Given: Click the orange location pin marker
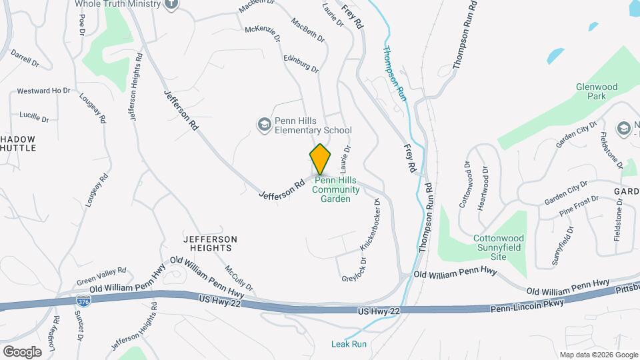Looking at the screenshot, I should (x=321, y=159).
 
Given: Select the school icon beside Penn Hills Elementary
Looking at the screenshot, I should (x=264, y=125).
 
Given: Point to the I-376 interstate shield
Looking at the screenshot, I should (x=83, y=301).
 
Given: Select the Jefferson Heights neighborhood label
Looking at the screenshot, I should (x=209, y=243).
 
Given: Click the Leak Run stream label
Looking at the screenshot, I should (x=349, y=344).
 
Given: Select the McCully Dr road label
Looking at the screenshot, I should (x=238, y=278).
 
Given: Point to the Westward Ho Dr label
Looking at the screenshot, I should (x=43, y=91).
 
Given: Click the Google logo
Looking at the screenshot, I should (x=22, y=351).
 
